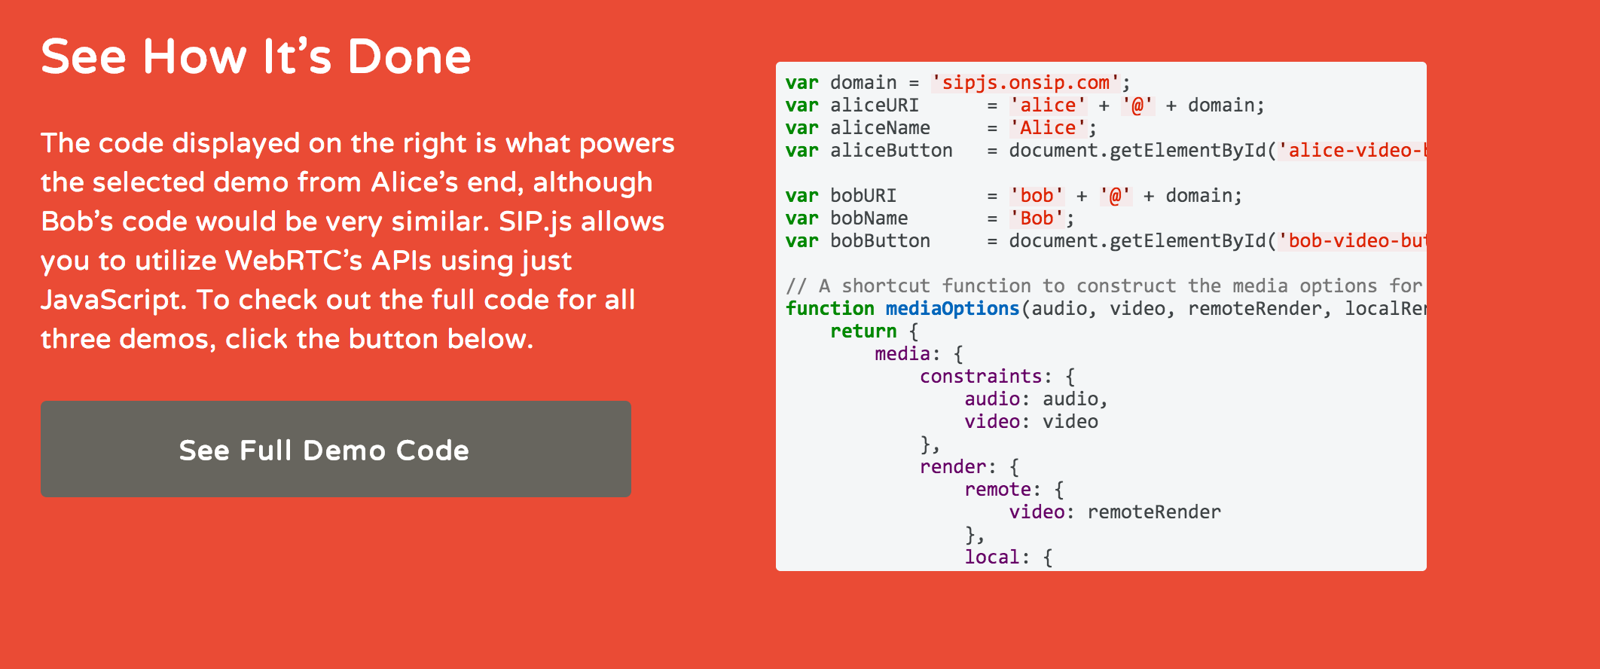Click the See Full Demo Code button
pos(335,449)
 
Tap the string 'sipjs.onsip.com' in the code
pos(1025,83)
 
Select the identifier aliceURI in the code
pos(874,105)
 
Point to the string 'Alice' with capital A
pos(1048,128)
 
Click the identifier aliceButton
pos(891,151)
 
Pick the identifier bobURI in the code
pos(863,196)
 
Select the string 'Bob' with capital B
pos(1037,218)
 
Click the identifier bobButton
pos(880,241)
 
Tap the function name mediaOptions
pos(952,309)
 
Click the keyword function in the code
pos(829,309)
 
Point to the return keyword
pos(863,331)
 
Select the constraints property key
pos(980,377)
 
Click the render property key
pos(952,467)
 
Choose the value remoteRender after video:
pos(1154,512)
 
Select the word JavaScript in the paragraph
pos(111,300)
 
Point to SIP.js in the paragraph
pos(535,221)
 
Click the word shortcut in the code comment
pos(885,286)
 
